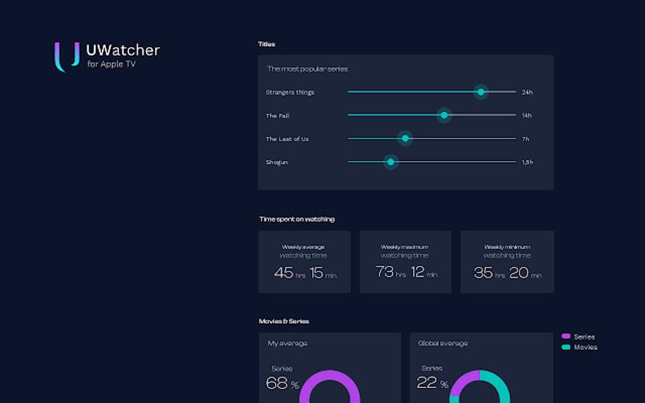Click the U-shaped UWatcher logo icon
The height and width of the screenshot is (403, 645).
[x=66, y=56]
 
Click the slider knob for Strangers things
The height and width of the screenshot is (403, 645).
[x=481, y=92]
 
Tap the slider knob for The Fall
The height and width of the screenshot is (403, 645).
[x=444, y=115]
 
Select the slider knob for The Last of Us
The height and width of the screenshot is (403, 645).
[x=405, y=138]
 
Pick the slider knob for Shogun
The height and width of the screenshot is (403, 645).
[x=391, y=162]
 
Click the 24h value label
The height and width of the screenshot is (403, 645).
[x=527, y=92]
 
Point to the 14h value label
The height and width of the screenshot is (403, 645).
[x=526, y=116]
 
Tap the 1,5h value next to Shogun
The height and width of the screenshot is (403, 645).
[x=527, y=162]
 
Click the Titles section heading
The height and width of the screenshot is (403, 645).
[x=266, y=44]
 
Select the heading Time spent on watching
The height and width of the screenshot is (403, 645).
[x=297, y=219]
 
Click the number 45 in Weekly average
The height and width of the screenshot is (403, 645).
[x=283, y=273]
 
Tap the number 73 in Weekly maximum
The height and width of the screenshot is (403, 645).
[x=384, y=272]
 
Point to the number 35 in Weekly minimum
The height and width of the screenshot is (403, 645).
[x=483, y=273]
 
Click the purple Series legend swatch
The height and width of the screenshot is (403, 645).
[x=566, y=337]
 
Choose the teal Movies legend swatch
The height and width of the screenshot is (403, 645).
[x=566, y=347]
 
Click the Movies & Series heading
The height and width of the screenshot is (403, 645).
[x=284, y=322]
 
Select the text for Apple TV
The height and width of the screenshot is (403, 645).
[x=111, y=64]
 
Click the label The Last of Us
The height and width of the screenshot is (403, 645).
[x=287, y=139]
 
